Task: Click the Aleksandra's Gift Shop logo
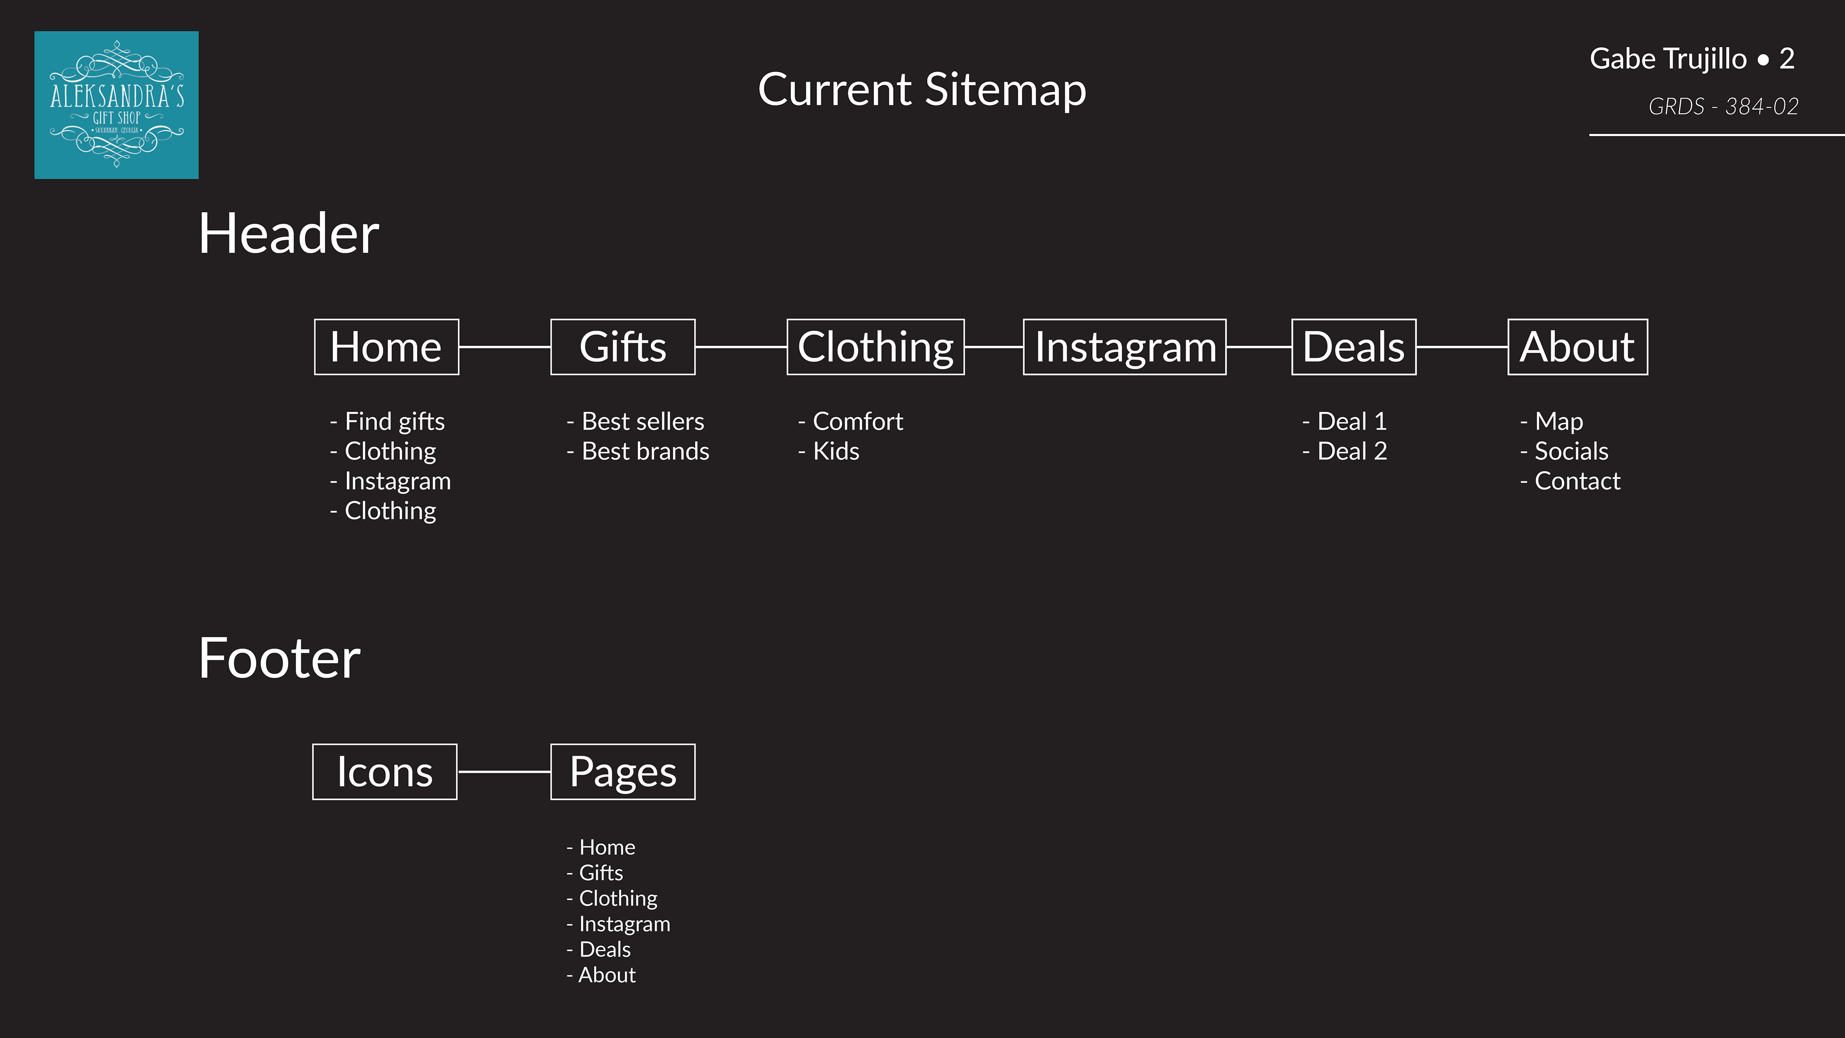[116, 105]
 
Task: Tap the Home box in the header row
[386, 346]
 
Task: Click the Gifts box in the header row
[622, 346]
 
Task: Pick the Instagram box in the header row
[1124, 346]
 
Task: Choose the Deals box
[1353, 346]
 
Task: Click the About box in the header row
[1577, 346]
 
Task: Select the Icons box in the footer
[384, 771]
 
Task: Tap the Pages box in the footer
[622, 771]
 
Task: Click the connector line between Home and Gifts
[504, 346]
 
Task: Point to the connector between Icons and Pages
[504, 771]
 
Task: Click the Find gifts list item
[394, 421]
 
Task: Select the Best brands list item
[645, 451]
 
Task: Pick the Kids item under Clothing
[835, 451]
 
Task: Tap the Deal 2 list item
[1352, 451]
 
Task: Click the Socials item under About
[1571, 451]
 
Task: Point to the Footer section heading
[279, 658]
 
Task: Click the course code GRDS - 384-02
[1723, 107]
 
